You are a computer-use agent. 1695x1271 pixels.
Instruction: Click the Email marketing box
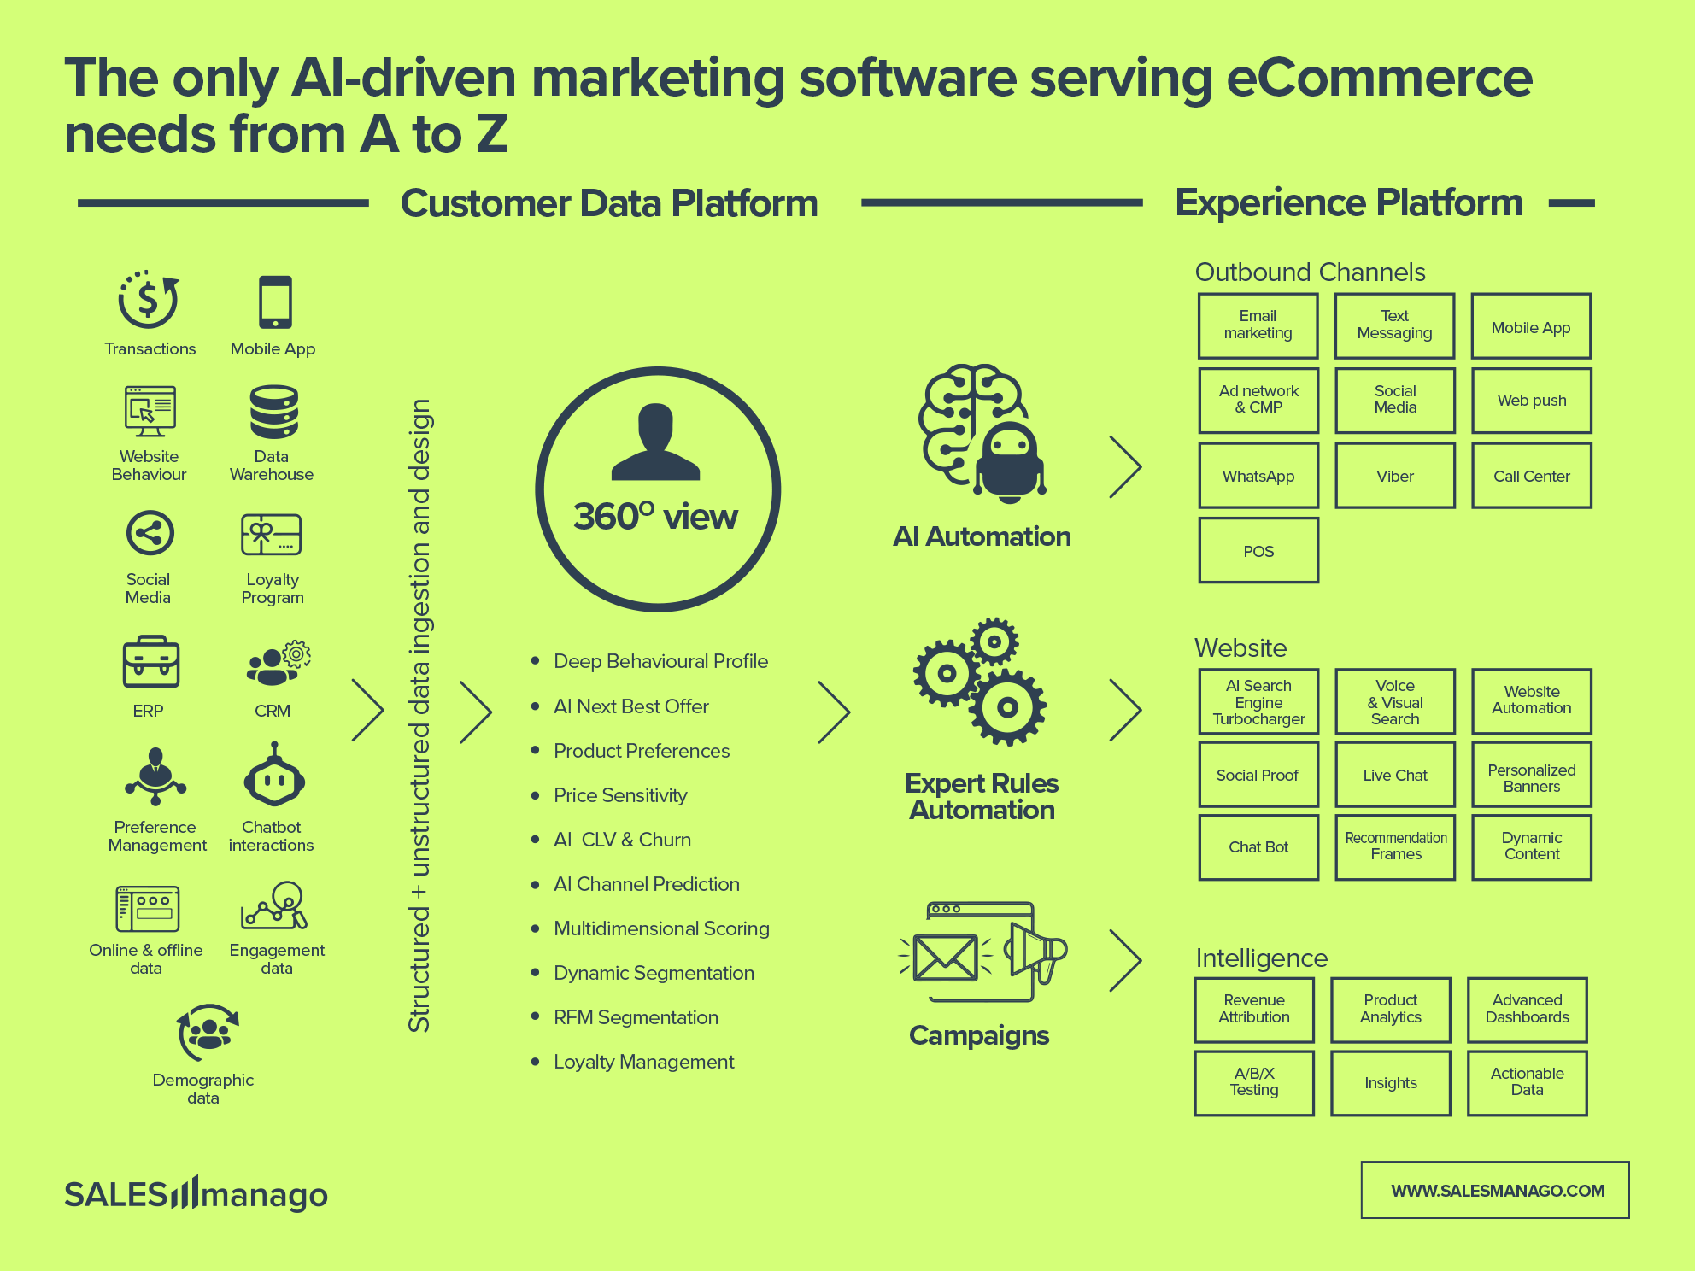(x=1258, y=325)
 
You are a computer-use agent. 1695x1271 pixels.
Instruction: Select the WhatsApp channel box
(x=1258, y=476)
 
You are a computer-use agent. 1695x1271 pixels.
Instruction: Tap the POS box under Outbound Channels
(x=1258, y=551)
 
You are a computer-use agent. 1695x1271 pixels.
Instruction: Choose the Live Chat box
(x=1394, y=775)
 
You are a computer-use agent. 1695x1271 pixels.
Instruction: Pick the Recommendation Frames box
(x=1394, y=846)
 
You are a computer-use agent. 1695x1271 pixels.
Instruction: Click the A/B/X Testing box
(x=1253, y=1082)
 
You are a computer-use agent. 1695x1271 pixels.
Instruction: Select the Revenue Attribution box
(x=1253, y=1009)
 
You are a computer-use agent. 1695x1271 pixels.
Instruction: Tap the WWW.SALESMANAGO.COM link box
(x=1495, y=1190)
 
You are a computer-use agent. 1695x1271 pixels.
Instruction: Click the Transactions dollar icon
(x=149, y=301)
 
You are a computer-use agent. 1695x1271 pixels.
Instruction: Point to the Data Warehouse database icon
(x=273, y=413)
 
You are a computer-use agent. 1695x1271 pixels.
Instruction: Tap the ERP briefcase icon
(x=151, y=662)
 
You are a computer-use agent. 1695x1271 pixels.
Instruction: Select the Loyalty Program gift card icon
(x=271, y=536)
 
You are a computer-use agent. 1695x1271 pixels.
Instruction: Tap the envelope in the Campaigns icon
(x=945, y=958)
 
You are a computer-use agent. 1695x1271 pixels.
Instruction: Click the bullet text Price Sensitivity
(x=620, y=795)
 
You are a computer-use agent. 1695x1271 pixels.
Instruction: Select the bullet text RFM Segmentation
(x=636, y=1017)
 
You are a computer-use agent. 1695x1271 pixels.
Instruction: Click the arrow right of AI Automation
(x=1125, y=467)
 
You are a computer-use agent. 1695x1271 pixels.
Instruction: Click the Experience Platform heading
(x=1348, y=203)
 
